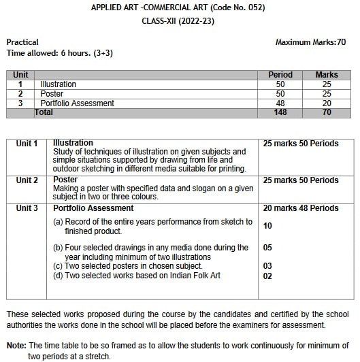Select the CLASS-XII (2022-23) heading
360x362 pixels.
180,20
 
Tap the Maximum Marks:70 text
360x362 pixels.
310,42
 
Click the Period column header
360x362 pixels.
280,75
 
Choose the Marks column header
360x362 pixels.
326,75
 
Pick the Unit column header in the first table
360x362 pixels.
20,75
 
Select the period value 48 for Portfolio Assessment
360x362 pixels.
280,103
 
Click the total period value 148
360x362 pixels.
280,112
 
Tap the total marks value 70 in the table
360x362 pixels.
326,112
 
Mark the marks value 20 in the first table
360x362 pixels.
326,103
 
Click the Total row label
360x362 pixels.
44,112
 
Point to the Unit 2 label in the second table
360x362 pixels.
27,180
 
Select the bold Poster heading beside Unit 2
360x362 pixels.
65,180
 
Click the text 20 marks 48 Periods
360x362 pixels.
300,208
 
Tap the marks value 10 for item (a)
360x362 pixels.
267,226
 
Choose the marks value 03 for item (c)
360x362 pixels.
267,266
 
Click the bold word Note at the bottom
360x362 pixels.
16,345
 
